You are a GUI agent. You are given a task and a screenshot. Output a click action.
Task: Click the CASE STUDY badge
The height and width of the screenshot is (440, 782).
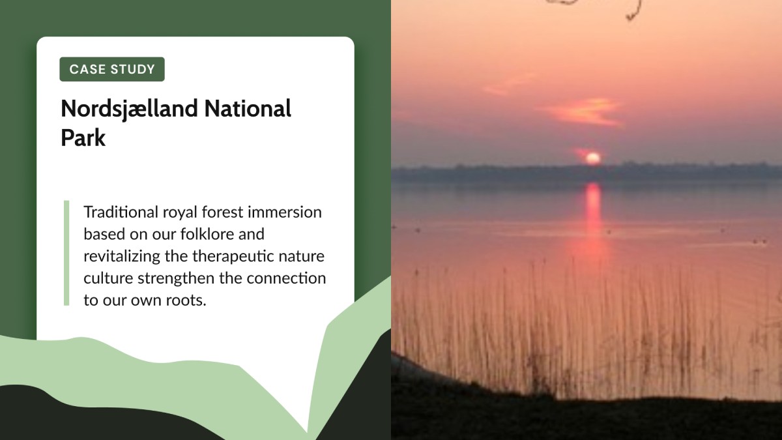tap(112, 69)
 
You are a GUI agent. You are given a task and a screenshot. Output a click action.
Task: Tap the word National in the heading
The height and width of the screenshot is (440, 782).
tap(248, 109)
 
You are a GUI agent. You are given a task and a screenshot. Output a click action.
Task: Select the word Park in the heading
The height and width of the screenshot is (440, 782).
tap(83, 138)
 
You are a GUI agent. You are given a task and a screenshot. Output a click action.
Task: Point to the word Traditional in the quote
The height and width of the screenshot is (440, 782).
tap(121, 212)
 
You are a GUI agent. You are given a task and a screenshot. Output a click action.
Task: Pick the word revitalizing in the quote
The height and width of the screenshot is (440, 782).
tap(122, 257)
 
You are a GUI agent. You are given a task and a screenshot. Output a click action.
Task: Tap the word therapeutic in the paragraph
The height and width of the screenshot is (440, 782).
tap(233, 257)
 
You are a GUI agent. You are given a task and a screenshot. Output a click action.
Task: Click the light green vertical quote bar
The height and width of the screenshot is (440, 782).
tap(66, 253)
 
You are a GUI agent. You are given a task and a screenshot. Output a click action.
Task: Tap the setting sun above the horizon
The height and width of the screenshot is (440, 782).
tap(593, 158)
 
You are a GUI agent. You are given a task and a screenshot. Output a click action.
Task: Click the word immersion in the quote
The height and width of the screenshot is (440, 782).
tap(285, 212)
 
